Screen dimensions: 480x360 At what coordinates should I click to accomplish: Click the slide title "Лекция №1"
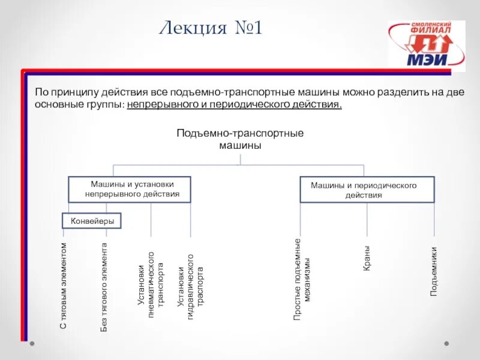click(211, 28)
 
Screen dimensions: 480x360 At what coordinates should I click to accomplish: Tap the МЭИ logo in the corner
click(426, 46)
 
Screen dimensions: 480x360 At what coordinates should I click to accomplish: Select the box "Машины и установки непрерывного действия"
click(130, 189)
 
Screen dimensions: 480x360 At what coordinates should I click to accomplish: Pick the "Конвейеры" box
click(92, 221)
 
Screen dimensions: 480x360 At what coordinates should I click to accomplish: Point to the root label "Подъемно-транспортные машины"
click(240, 139)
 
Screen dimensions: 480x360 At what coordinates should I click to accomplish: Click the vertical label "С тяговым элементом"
click(64, 286)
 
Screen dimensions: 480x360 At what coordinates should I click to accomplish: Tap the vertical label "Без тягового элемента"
click(104, 287)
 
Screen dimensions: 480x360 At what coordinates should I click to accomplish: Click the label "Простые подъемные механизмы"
click(301, 278)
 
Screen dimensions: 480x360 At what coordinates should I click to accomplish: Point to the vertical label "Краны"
click(367, 257)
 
